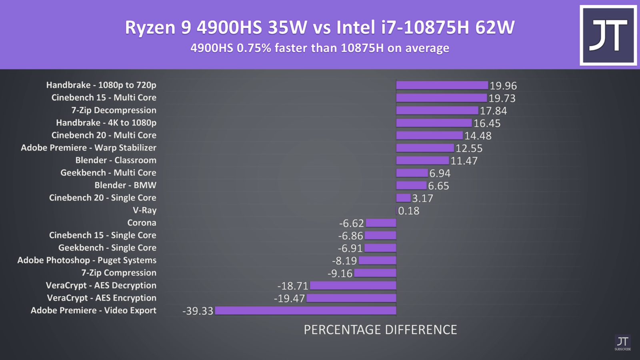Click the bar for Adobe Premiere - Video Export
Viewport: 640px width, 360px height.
point(306,311)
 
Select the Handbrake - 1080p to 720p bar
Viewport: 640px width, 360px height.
point(442,85)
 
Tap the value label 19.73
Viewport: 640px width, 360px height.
point(502,98)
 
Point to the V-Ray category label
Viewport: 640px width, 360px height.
point(144,210)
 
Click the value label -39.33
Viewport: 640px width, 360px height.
point(198,311)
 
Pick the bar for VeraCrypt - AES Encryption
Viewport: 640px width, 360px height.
point(351,298)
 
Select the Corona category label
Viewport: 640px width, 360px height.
point(142,223)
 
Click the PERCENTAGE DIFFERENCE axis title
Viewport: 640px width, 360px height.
point(380,330)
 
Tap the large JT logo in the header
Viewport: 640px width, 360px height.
point(608,35)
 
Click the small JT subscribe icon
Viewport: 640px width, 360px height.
point(622,343)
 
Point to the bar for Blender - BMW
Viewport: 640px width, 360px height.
point(411,186)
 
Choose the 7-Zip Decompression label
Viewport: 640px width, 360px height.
point(114,110)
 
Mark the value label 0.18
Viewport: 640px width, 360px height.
point(409,211)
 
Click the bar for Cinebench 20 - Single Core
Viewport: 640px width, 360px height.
point(403,198)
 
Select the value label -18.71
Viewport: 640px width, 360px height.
point(293,286)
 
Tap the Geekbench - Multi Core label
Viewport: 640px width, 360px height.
point(108,173)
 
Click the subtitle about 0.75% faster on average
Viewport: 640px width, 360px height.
point(320,48)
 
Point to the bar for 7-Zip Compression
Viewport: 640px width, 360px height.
point(375,273)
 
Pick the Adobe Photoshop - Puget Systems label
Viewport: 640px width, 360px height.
point(87,260)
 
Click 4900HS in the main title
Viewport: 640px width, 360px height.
point(229,27)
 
